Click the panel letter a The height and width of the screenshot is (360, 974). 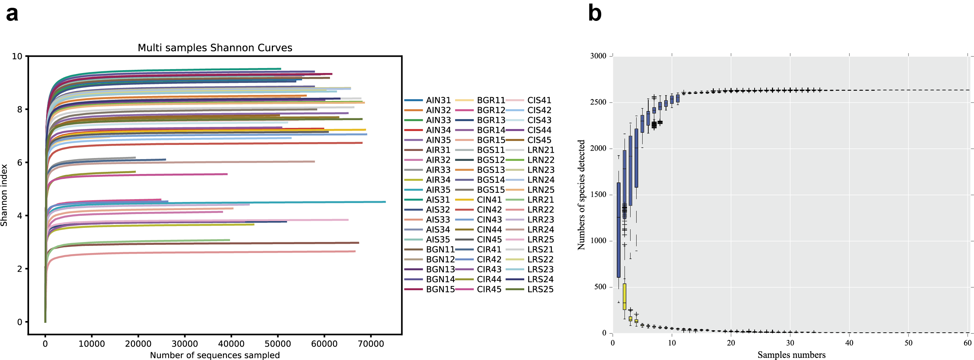12,14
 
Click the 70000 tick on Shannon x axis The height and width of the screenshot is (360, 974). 370,344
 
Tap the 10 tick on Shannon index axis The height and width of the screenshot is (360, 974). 17,57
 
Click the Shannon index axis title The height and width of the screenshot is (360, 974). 4,195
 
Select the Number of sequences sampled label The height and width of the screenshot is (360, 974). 215,355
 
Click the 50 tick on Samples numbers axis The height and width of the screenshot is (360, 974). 908,343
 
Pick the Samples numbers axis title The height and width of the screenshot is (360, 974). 791,355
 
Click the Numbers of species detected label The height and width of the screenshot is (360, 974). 581,195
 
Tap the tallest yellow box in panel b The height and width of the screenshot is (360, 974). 624,297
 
